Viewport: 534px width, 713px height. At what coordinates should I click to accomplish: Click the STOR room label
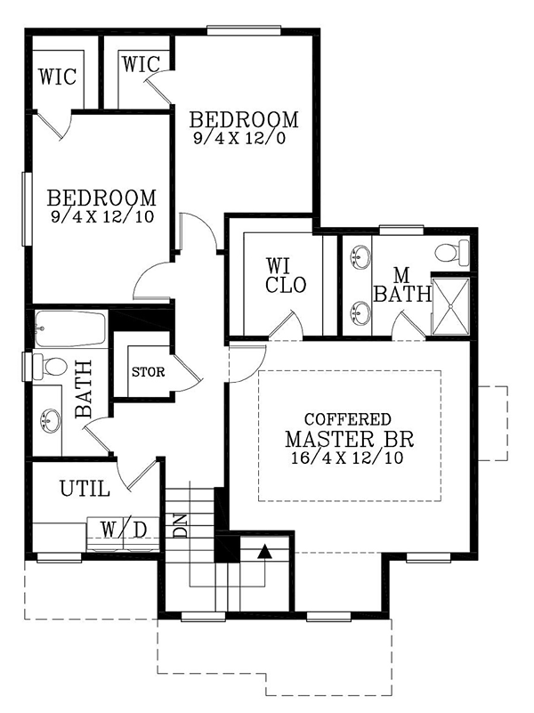(148, 372)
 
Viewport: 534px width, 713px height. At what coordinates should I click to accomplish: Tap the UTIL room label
(85, 489)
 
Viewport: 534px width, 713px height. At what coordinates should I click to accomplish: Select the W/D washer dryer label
(124, 530)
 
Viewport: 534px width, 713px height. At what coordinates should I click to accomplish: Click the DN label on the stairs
(181, 526)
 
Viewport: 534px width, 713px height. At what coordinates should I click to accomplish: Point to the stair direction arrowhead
(264, 552)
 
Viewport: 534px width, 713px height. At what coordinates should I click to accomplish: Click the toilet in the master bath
(452, 253)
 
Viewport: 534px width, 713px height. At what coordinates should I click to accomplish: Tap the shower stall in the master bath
(450, 306)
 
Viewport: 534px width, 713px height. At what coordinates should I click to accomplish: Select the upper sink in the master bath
(361, 256)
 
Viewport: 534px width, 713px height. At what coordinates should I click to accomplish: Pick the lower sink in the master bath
(361, 312)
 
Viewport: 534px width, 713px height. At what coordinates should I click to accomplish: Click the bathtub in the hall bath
(70, 328)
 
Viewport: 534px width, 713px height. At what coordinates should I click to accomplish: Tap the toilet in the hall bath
(50, 367)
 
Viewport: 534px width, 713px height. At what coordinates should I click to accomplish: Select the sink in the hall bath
(50, 419)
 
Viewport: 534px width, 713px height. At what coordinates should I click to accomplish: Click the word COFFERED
(348, 418)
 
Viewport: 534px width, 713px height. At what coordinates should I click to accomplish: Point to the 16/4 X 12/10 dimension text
(348, 458)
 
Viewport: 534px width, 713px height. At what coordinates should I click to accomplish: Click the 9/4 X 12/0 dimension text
(239, 137)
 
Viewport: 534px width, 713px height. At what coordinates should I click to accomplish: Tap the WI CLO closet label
(286, 276)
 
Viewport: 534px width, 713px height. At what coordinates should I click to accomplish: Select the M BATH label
(402, 285)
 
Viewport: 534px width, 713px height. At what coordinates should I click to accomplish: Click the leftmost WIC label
(57, 77)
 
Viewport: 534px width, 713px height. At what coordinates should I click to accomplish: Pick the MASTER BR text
(350, 439)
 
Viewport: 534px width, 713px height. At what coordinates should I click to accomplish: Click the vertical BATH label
(84, 390)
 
